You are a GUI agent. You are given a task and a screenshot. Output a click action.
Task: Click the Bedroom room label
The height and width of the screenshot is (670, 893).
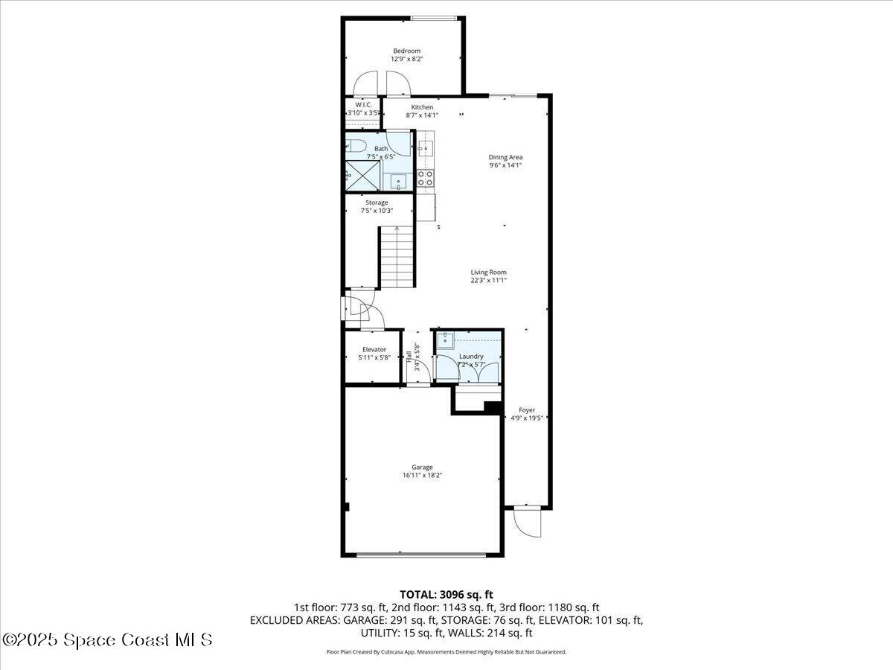pos(407,51)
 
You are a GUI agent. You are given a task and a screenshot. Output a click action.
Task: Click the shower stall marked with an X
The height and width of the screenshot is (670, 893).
pos(364,176)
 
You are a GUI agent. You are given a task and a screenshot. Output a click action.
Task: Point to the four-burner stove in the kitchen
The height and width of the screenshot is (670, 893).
pos(425,177)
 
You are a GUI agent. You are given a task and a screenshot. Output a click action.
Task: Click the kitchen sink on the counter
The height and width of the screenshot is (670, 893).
pos(425,147)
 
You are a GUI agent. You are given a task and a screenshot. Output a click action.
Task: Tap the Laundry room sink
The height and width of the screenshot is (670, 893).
pos(445,341)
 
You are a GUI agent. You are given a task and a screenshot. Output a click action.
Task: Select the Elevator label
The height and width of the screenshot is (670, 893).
pos(374,349)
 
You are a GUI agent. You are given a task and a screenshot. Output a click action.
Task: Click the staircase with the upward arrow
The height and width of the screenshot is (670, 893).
pos(397,258)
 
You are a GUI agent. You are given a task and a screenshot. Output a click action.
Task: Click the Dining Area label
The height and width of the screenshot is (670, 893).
pos(505,157)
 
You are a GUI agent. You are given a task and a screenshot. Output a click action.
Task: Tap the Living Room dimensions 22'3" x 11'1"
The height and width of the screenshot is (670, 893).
pos(488,281)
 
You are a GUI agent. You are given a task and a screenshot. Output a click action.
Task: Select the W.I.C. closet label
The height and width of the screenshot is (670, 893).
pos(363,104)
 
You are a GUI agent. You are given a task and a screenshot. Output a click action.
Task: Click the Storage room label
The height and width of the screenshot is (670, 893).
pos(377,202)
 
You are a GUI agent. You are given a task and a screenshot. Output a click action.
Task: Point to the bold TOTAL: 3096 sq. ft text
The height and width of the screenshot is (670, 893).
pos(446,594)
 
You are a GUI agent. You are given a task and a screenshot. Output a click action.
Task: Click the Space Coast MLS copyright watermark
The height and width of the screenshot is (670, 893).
pos(108,639)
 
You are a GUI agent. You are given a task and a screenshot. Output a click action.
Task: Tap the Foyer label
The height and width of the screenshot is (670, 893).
pos(527,410)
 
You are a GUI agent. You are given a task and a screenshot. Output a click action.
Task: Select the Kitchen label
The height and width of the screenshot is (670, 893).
pos(422,107)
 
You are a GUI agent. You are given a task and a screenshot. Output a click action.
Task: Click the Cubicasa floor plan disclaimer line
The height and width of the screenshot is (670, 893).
pos(446,651)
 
